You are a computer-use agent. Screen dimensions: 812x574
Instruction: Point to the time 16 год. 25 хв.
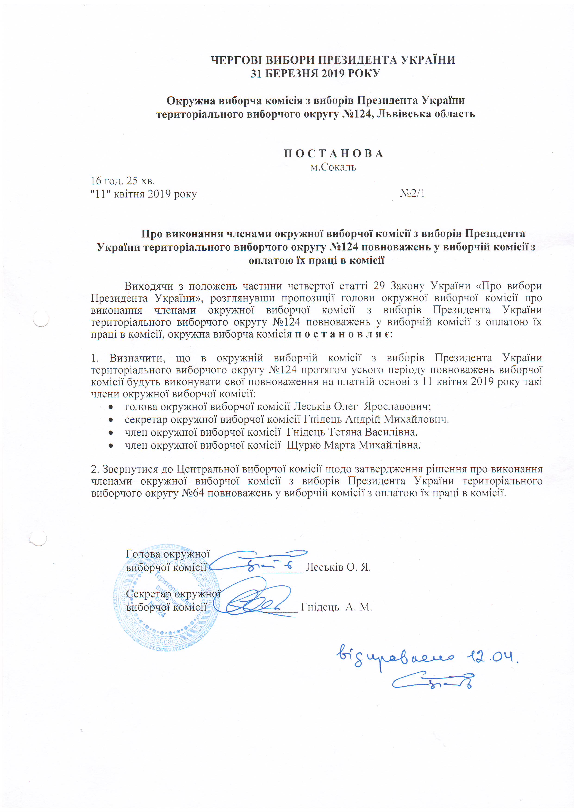tap(123, 181)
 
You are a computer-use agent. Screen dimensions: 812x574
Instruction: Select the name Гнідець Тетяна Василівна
tap(352, 432)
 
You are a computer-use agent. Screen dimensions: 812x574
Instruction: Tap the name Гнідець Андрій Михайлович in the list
tap(376, 419)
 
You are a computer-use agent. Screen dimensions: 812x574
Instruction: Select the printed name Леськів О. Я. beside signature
tap(338, 567)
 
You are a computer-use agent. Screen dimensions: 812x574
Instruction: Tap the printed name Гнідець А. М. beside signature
tap(336, 607)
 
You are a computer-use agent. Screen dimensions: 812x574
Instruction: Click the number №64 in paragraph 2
tap(193, 493)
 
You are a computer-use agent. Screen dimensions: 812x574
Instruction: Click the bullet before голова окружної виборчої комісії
tap(111, 407)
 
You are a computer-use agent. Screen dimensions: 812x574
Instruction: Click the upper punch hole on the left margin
tap(41, 319)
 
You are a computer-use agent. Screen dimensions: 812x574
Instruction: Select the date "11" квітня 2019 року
tap(143, 194)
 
